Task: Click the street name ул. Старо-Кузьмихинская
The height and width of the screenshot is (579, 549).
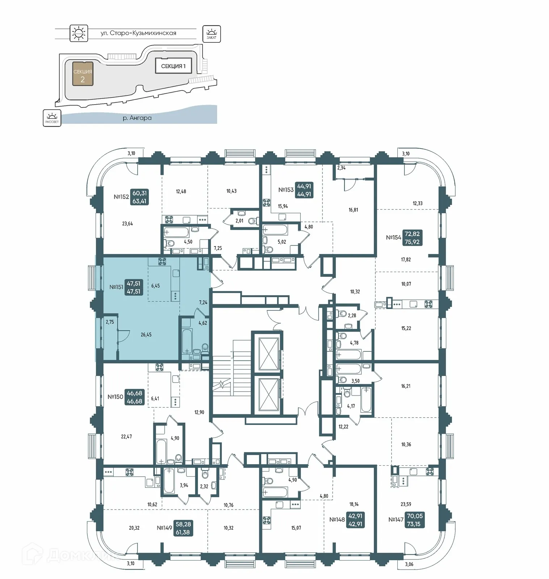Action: [138, 33]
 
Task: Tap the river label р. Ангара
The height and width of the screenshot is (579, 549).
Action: [137, 118]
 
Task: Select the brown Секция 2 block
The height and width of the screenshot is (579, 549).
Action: [83, 73]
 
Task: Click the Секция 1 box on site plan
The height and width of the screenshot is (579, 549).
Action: [173, 66]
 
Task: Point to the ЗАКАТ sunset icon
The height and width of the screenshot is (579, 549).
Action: [211, 34]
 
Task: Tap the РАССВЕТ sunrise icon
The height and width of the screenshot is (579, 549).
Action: [52, 118]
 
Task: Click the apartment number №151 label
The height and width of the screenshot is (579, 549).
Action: [116, 287]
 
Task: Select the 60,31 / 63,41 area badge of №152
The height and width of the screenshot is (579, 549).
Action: [139, 197]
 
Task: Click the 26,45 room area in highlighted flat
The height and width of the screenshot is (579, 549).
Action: [146, 335]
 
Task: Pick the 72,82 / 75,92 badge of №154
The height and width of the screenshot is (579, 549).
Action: [412, 238]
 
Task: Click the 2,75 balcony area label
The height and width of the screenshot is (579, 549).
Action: [110, 322]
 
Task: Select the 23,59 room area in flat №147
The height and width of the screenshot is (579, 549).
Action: [406, 504]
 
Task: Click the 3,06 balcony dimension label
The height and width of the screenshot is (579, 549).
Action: [409, 564]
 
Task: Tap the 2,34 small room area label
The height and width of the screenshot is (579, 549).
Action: [341, 168]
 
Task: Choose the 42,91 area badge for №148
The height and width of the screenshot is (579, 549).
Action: [355, 520]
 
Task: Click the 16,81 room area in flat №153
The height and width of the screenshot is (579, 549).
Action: [353, 210]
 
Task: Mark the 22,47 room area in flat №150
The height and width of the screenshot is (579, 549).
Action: [126, 437]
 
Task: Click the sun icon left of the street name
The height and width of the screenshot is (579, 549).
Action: [79, 33]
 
